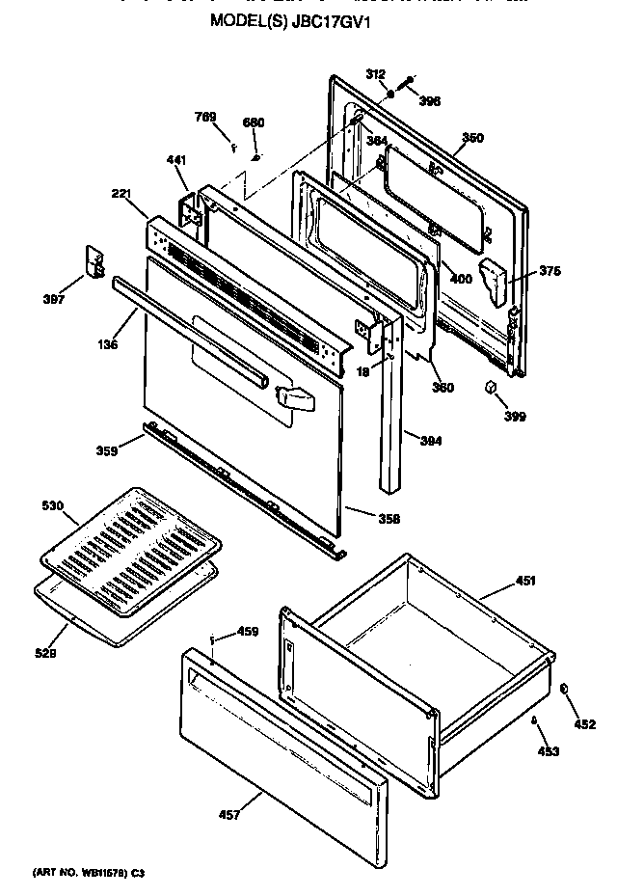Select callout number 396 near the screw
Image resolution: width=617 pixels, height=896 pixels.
coord(430,100)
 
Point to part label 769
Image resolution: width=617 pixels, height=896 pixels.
coord(205,118)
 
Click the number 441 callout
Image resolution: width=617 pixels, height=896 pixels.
coord(175,159)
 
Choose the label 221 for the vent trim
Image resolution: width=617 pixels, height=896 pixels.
coord(121,194)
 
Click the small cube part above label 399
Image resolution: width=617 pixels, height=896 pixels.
coord(490,388)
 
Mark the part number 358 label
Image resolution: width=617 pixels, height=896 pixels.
coord(362,519)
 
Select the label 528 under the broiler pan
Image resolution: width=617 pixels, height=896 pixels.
coord(46,653)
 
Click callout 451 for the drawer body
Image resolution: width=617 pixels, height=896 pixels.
coord(525,581)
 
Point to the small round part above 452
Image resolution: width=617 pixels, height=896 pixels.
coord(566,688)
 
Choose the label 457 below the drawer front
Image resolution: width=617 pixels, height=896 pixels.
coord(228,815)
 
